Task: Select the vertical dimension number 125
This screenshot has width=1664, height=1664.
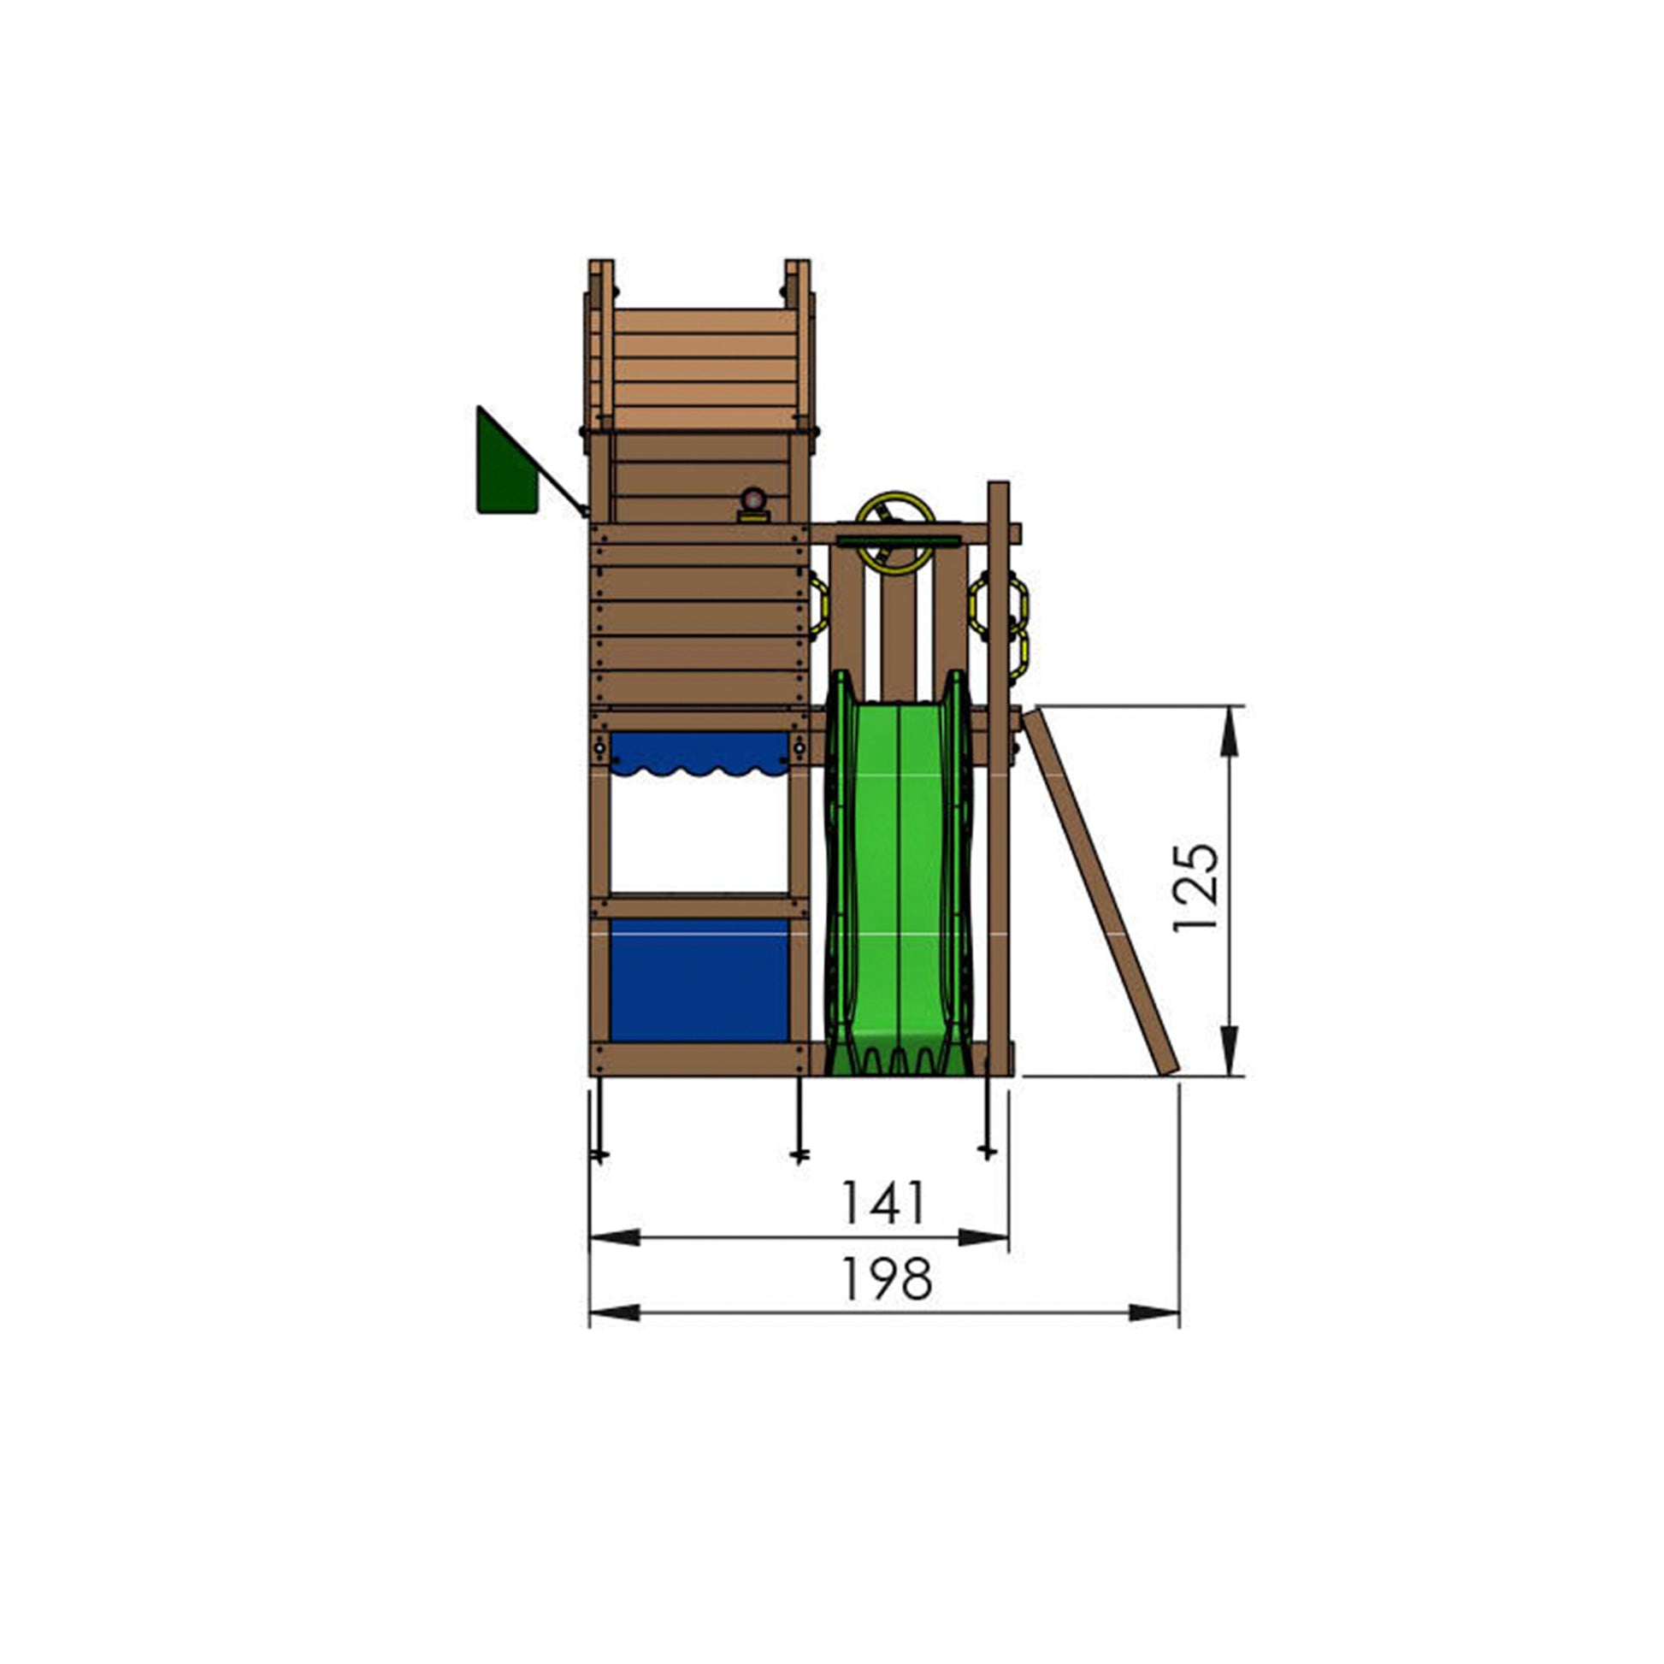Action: pyautogui.click(x=1196, y=887)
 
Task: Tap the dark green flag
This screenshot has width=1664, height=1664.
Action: pyautogui.click(x=508, y=462)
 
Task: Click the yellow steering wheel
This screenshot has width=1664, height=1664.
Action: pyautogui.click(x=896, y=533)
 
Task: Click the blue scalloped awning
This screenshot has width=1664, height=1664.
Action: pyautogui.click(x=699, y=752)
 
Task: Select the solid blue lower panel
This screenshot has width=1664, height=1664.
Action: pyautogui.click(x=699, y=980)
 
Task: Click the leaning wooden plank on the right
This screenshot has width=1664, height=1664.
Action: pyautogui.click(x=1100, y=891)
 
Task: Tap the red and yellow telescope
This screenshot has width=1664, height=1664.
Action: pyautogui.click(x=753, y=505)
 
